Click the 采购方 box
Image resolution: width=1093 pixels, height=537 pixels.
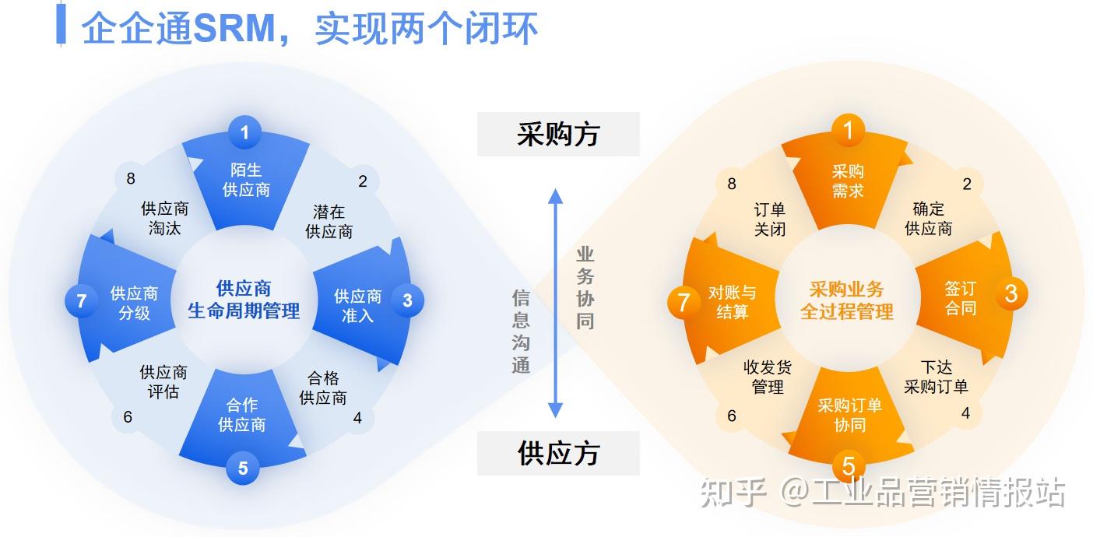point(558,135)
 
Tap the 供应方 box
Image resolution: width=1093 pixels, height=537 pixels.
point(558,453)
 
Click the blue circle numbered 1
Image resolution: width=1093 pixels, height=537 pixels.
point(244,132)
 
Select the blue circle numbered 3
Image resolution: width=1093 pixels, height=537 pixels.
point(407,299)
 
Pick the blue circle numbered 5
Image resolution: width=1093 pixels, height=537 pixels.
point(243,468)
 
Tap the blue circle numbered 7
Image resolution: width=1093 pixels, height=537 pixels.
point(81,300)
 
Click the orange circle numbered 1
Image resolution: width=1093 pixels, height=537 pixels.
point(849,130)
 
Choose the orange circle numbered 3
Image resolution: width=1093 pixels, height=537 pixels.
point(1010,293)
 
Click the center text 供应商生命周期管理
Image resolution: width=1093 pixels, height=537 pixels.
point(244,300)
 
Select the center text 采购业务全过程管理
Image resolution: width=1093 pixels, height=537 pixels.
point(847,301)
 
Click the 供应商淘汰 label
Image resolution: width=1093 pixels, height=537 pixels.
point(164,219)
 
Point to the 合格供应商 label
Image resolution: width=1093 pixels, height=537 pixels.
point(323,388)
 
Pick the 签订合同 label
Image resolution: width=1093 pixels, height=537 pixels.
point(960,298)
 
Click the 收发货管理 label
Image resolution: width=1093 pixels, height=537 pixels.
point(768,377)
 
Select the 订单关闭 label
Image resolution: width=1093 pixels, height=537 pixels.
point(769,219)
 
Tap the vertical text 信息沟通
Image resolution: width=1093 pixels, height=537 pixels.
point(521,332)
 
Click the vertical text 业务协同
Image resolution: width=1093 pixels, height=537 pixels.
point(585,287)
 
